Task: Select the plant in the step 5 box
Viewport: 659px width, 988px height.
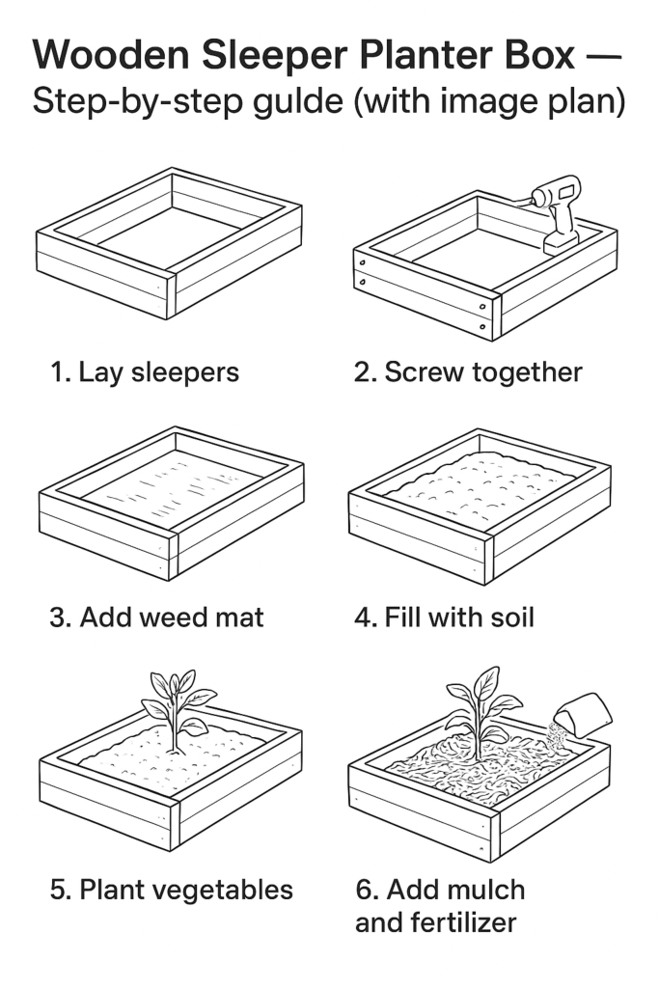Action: [177, 709]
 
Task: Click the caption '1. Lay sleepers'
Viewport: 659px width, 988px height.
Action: [145, 371]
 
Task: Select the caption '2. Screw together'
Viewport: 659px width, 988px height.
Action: [468, 372]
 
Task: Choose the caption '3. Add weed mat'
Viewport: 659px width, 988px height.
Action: [156, 617]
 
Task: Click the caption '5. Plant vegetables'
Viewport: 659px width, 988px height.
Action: [172, 889]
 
